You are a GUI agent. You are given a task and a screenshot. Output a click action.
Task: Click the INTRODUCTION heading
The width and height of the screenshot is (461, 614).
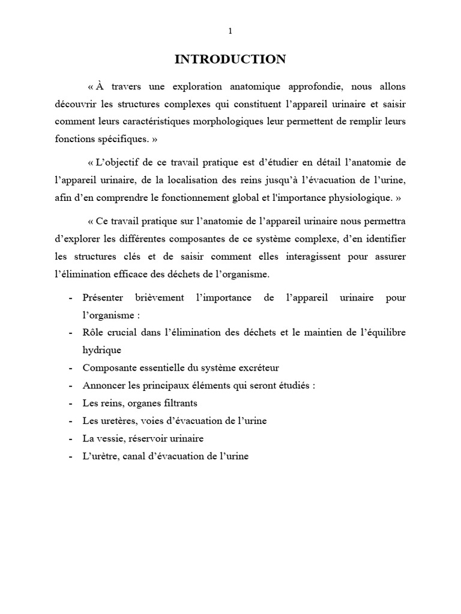230,59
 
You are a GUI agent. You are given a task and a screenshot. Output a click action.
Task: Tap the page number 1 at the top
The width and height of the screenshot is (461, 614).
230,32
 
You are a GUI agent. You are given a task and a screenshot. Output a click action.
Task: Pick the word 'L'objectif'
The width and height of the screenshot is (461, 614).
118,164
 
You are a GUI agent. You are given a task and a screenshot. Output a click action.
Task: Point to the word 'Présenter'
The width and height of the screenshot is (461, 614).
103,298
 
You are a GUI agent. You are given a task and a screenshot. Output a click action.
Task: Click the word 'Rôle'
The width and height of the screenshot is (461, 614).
93,332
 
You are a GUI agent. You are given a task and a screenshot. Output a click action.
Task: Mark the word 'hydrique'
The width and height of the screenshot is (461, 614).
101,350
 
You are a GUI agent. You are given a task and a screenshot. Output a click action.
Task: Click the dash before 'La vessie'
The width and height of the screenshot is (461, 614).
72,438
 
